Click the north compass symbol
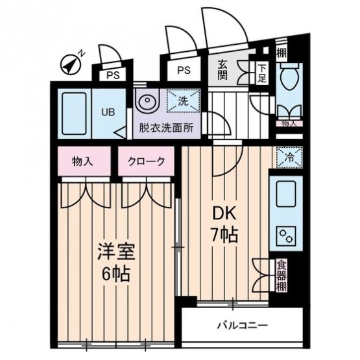pyautogui.click(x=70, y=64)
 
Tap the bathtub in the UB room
pyautogui.click(x=74, y=114)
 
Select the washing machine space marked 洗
pyautogui.click(x=183, y=101)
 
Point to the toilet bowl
pyautogui.click(x=289, y=77)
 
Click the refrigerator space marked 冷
pyautogui.click(x=289, y=157)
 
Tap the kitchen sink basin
pyautogui.click(x=285, y=194)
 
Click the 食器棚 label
pyautogui.click(x=282, y=276)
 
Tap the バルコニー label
pyautogui.click(x=243, y=325)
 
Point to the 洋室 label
pyautogui.click(x=116, y=252)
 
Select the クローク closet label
pyautogui.click(x=146, y=162)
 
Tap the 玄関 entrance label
pyautogui.click(x=222, y=69)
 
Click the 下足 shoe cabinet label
pyautogui.click(x=262, y=74)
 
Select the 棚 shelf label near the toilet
pyautogui.click(x=282, y=53)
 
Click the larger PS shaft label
pyautogui.click(x=184, y=70)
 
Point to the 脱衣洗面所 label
pyautogui.click(x=167, y=128)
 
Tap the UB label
pyautogui.click(x=108, y=112)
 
